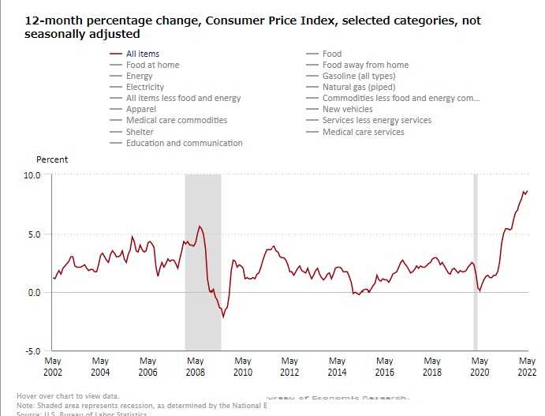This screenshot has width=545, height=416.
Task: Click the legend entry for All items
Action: pyautogui.click(x=143, y=54)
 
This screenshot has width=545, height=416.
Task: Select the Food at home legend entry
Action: pyautogui.click(x=152, y=65)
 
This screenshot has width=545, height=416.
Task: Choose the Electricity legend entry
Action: pyautogui.click(x=145, y=87)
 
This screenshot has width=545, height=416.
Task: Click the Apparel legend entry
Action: pyautogui.click(x=141, y=109)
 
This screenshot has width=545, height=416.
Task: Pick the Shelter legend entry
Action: pyautogui.click(x=140, y=132)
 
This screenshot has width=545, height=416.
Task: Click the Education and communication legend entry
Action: pyautogui.click(x=184, y=143)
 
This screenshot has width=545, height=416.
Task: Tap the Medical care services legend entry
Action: pyautogui.click(x=363, y=132)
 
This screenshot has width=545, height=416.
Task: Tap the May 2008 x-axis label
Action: pyautogui.click(x=195, y=365)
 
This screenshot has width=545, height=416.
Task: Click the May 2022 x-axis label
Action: pyautogui.click(x=527, y=365)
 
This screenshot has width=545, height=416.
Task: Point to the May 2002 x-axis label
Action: pyautogui.click(x=53, y=365)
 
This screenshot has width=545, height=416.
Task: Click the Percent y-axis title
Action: pyautogui.click(x=52, y=159)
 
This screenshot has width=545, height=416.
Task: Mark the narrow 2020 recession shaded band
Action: pyautogui.click(x=475, y=260)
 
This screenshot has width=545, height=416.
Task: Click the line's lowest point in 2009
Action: pyautogui.click(x=223, y=317)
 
